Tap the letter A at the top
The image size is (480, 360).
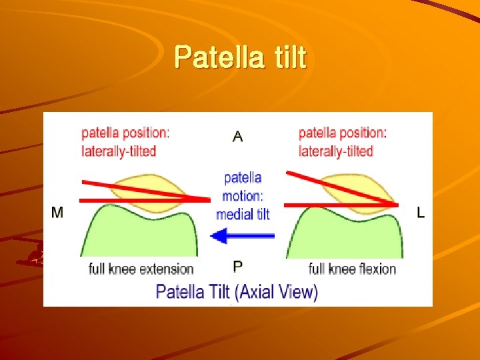[x=237, y=137]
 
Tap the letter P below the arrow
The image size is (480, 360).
[x=238, y=267]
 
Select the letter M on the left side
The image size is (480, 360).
[x=57, y=213]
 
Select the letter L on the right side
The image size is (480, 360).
[x=421, y=213]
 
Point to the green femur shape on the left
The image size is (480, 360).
[x=137, y=233]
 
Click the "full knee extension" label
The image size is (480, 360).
[x=141, y=269]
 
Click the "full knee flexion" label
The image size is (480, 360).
[x=352, y=269]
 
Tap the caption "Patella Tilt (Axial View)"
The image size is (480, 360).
[x=237, y=291]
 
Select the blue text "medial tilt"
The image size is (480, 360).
[x=243, y=214]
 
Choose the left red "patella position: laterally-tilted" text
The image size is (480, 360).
[x=125, y=141]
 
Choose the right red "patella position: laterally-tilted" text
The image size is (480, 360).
[x=342, y=141]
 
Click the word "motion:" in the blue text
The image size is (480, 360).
[x=243, y=196]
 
